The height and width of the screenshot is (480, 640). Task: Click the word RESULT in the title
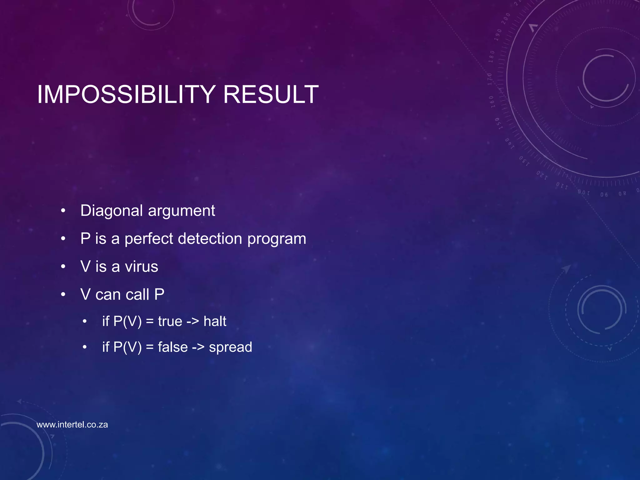click(x=271, y=94)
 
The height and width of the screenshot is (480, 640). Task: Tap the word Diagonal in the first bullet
click(x=112, y=211)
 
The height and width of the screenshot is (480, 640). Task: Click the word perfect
click(x=148, y=239)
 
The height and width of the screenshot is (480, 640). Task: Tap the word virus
click(x=141, y=267)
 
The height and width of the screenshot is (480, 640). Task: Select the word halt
click(x=215, y=321)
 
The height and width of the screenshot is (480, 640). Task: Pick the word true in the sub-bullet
click(x=170, y=321)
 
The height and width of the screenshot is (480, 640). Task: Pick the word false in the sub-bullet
click(x=173, y=347)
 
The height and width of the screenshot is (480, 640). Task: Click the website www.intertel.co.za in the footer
click(x=72, y=425)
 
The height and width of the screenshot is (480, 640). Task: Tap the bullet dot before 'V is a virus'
click(x=63, y=267)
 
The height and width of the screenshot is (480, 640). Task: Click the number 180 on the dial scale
click(x=492, y=57)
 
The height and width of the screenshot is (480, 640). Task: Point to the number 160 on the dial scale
click(x=492, y=102)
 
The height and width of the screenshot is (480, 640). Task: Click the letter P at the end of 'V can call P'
click(x=159, y=294)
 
